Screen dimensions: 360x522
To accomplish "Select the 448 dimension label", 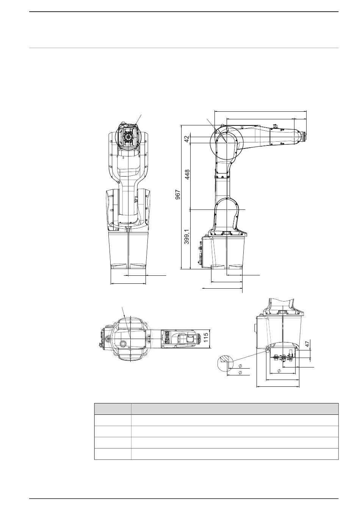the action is point(187,175).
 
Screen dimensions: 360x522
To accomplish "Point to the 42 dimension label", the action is point(187,139).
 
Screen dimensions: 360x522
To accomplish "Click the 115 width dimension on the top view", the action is point(206,338).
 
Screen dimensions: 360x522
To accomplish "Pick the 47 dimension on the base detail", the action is point(307,344).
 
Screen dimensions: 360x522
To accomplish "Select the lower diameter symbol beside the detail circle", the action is point(240,373).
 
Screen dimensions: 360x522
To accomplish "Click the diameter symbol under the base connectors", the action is point(279,370).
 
